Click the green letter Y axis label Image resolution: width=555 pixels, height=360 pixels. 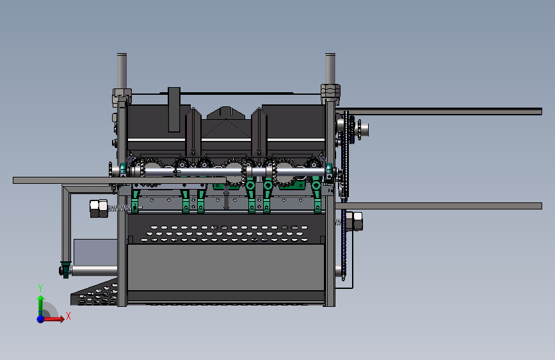pos(40,288)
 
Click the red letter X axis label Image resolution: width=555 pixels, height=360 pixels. pos(68,316)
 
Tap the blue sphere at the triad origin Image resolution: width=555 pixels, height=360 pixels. pos(41,319)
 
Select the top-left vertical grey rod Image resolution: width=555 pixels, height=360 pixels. pos(122,71)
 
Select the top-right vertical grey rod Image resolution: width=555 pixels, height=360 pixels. pos(330,69)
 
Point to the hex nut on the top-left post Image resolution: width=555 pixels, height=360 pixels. pos(122,96)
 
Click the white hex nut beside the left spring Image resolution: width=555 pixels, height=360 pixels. pos(99,209)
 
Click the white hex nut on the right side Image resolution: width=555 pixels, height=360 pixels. pos(354,221)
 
